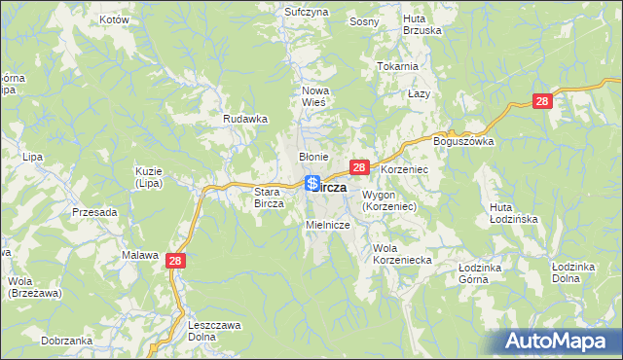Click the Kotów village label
tap(115, 19)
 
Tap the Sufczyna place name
tap(306, 12)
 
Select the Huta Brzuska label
tap(422, 23)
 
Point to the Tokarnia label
tap(397, 66)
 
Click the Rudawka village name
tap(245, 119)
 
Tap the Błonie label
tap(313, 157)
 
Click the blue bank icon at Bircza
tap(312, 183)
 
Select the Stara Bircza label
tap(268, 198)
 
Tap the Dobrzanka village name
tap(67, 341)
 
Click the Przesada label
tap(94, 211)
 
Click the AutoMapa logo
tap(561, 341)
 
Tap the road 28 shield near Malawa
tap(175, 260)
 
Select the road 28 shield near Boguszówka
tap(542, 101)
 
